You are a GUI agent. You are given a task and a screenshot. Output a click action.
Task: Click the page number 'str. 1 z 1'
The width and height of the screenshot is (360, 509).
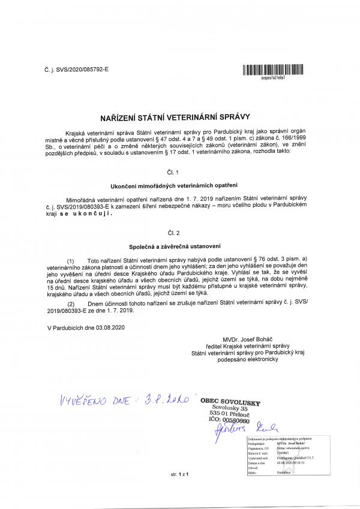click(179, 475)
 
